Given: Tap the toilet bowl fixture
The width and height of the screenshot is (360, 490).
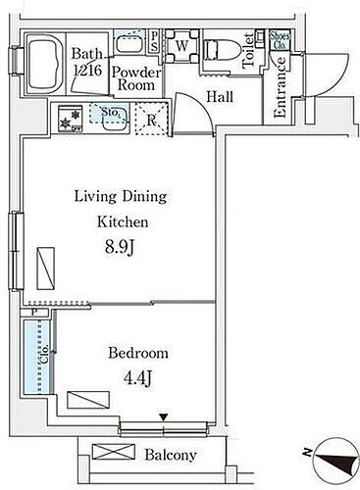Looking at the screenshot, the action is pyautogui.click(x=223, y=49).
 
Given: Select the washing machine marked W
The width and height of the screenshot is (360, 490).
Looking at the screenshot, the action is pyautogui.click(x=181, y=46).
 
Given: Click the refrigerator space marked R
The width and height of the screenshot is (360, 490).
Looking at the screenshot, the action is pyautogui.click(x=151, y=120).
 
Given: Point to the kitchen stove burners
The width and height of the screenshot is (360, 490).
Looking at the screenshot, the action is pyautogui.click(x=70, y=119).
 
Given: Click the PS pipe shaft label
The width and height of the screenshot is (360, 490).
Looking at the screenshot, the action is pyautogui.click(x=154, y=41).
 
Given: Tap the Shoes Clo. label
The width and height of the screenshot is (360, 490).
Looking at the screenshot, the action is pyautogui.click(x=280, y=41).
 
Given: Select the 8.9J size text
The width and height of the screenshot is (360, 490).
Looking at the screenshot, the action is pyautogui.click(x=119, y=247).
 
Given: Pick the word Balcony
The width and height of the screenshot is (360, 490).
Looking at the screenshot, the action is pyautogui.click(x=171, y=455).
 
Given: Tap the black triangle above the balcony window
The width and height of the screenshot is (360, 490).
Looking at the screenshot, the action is pyautogui.click(x=164, y=417).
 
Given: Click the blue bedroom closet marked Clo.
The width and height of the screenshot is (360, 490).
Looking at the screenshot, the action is pyautogui.click(x=38, y=357).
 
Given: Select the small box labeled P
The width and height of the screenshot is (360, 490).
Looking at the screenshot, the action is pyautogui.click(x=34, y=313).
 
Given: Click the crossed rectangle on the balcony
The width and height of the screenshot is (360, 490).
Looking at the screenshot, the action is pyautogui.click(x=114, y=452).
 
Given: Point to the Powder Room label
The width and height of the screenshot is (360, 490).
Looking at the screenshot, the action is pyautogui.click(x=136, y=78).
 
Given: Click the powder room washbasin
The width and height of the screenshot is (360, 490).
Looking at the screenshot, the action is pyautogui.click(x=129, y=43).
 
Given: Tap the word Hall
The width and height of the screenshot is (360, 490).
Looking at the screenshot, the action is pyautogui.click(x=220, y=97).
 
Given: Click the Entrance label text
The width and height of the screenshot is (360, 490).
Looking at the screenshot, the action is pyautogui.click(x=281, y=87).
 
